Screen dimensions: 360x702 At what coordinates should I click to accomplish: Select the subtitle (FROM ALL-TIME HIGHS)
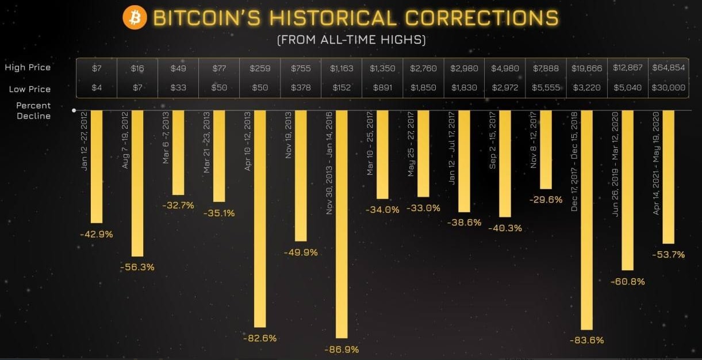click(x=351, y=41)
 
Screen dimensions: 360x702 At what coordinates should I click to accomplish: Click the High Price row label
click(x=28, y=67)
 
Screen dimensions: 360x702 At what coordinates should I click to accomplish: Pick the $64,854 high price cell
click(x=668, y=68)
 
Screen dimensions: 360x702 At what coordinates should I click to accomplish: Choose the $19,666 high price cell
click(x=586, y=68)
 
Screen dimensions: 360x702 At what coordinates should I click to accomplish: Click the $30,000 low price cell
click(x=668, y=89)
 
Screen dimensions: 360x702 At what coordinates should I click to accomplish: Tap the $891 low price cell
click(x=382, y=89)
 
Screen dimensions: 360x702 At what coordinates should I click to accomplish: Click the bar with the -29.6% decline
click(x=546, y=150)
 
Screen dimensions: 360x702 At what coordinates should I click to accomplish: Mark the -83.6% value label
click(x=586, y=340)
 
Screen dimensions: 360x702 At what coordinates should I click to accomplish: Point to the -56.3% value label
click(x=137, y=267)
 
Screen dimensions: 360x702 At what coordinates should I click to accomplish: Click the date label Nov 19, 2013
click(x=289, y=138)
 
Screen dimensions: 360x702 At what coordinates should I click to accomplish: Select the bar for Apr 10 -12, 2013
click(x=260, y=219)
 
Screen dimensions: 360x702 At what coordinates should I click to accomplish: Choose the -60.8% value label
click(x=627, y=282)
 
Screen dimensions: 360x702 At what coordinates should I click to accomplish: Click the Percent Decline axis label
click(x=33, y=111)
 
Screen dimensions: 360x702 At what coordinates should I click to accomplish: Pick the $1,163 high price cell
click(x=342, y=68)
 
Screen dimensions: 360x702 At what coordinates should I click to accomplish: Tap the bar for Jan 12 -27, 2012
click(x=97, y=167)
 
